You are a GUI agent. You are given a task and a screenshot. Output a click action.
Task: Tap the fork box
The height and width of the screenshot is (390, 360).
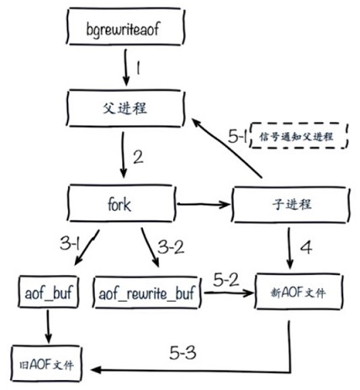pos(120,204)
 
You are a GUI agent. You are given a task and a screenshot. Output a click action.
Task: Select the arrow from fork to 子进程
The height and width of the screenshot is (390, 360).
pos(202,203)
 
